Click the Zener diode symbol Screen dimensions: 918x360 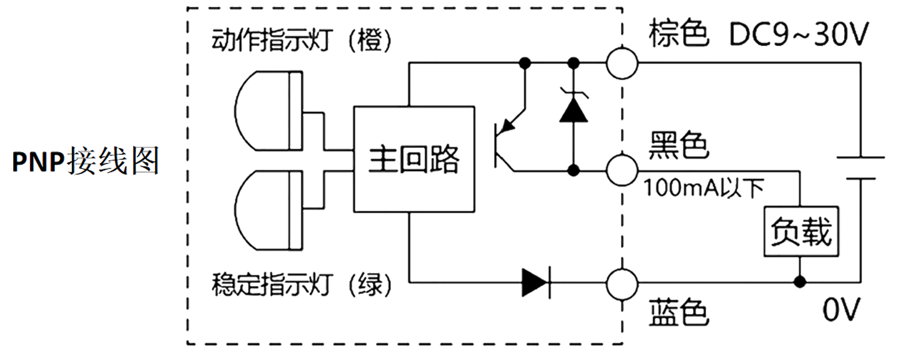click(x=574, y=109)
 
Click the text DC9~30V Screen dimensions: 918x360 click(x=799, y=34)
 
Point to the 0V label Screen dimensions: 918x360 click(x=841, y=310)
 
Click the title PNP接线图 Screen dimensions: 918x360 click(x=86, y=161)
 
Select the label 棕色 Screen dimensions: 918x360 click(x=679, y=34)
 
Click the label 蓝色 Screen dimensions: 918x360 click(x=679, y=313)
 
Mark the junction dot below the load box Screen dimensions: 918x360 click(x=799, y=282)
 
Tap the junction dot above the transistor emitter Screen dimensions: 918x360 click(x=525, y=63)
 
